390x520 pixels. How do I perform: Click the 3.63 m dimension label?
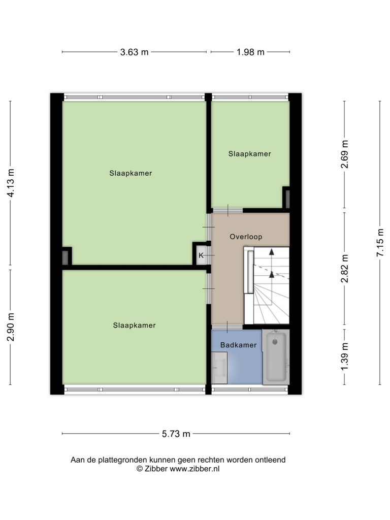(134, 52)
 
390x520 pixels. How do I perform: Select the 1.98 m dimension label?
(250, 52)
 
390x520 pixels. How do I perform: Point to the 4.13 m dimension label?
(11, 183)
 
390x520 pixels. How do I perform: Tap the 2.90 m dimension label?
(11, 327)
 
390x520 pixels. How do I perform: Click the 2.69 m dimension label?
(345, 154)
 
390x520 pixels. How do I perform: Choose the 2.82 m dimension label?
(345, 269)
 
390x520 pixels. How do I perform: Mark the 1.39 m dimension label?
(345, 357)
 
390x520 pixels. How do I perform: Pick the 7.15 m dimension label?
(380, 242)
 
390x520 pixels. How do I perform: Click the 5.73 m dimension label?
(176, 434)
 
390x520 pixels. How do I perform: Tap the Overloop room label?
(246, 237)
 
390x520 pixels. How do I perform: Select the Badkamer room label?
(239, 345)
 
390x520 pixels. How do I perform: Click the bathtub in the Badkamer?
(276, 357)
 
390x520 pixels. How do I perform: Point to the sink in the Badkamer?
(219, 368)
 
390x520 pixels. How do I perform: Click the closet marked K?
(201, 255)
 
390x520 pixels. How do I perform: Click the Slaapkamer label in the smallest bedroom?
(250, 154)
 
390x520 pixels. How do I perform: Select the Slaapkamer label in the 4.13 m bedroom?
(131, 173)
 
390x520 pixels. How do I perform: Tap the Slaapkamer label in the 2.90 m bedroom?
(134, 326)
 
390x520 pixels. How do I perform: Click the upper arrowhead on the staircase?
(272, 252)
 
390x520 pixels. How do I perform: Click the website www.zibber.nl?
(194, 469)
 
